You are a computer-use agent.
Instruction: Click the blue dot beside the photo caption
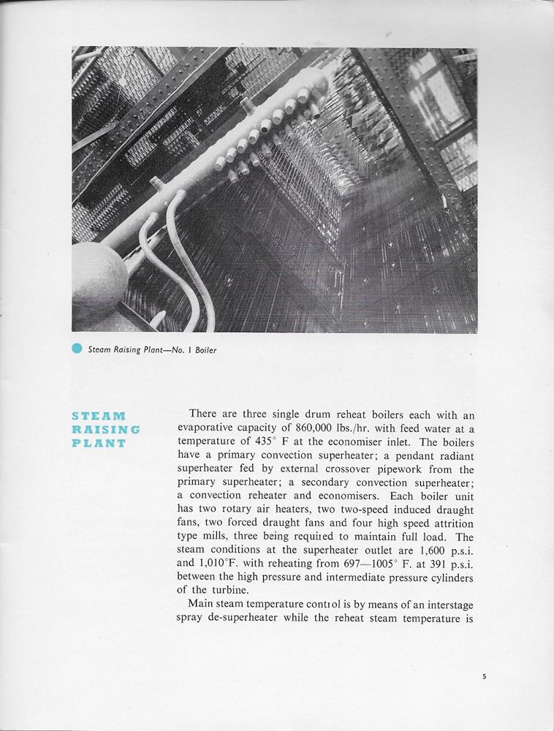(77, 349)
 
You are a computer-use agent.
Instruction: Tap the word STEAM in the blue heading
(99, 416)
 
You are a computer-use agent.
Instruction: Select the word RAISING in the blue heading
(105, 429)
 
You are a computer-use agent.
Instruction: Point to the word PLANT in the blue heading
(99, 443)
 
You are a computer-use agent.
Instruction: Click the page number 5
(484, 677)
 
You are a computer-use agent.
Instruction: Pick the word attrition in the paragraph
(452, 523)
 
